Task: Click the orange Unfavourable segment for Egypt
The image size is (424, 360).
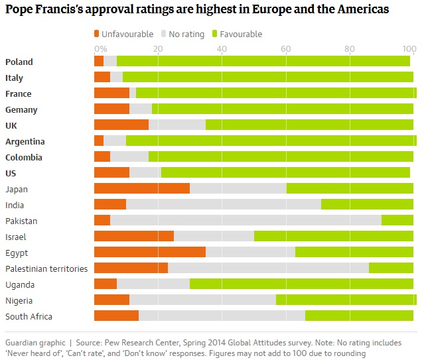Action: (x=150, y=253)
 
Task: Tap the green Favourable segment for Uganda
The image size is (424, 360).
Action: (x=301, y=284)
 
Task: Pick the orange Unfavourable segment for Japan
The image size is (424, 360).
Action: (x=142, y=189)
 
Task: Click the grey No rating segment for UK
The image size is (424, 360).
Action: (x=177, y=125)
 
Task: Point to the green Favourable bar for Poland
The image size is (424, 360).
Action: (x=263, y=62)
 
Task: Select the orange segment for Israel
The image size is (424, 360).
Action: (x=134, y=237)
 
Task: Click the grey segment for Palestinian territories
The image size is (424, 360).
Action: (x=268, y=269)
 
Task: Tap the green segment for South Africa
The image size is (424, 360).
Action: (x=359, y=316)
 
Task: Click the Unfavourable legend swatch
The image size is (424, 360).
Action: (x=98, y=34)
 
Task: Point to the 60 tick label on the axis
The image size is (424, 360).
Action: (x=285, y=48)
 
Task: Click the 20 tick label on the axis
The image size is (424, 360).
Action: (x=158, y=48)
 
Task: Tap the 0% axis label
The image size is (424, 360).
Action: (x=100, y=48)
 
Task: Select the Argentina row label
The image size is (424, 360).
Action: (x=25, y=141)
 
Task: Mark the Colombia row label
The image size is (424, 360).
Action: (x=24, y=157)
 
